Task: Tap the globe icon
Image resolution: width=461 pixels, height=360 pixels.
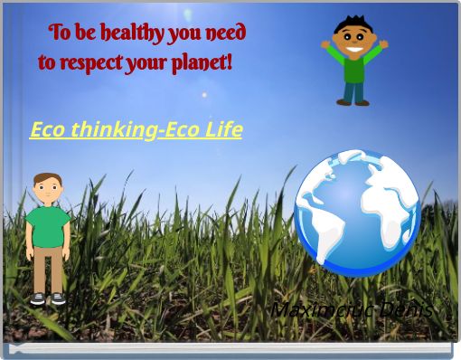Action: [x=357, y=214]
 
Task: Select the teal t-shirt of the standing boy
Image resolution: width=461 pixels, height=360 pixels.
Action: [x=47, y=227]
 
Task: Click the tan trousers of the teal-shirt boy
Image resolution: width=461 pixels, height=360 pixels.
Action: [x=47, y=270]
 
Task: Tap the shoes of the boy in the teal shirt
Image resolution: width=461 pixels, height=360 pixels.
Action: [x=47, y=298]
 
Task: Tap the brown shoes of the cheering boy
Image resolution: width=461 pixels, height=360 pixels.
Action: [x=353, y=102]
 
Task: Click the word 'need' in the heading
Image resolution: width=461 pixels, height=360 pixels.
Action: [x=225, y=34]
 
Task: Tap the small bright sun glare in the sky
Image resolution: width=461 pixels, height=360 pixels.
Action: [x=205, y=94]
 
